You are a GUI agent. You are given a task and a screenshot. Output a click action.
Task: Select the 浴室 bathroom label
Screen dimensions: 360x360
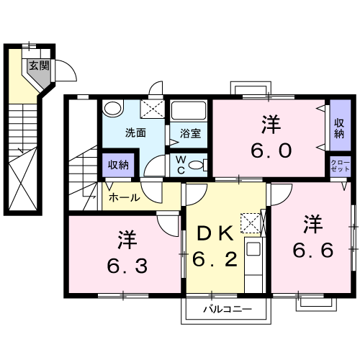[x=190, y=133]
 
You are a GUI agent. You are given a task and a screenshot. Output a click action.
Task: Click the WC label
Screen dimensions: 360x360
[x=180, y=166]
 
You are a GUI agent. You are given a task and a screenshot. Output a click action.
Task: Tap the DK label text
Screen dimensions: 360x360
[x=215, y=232]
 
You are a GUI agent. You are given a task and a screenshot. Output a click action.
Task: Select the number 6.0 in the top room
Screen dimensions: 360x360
[x=271, y=150]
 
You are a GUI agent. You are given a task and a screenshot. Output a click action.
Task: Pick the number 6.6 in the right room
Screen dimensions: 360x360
[x=312, y=251]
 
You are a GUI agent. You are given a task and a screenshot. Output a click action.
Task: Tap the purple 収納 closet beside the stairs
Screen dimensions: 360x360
[x=118, y=165]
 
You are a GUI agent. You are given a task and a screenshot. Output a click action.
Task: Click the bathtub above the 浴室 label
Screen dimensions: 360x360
[x=189, y=112]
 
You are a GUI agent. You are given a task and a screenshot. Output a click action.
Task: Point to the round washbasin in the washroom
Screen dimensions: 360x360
[x=111, y=109]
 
